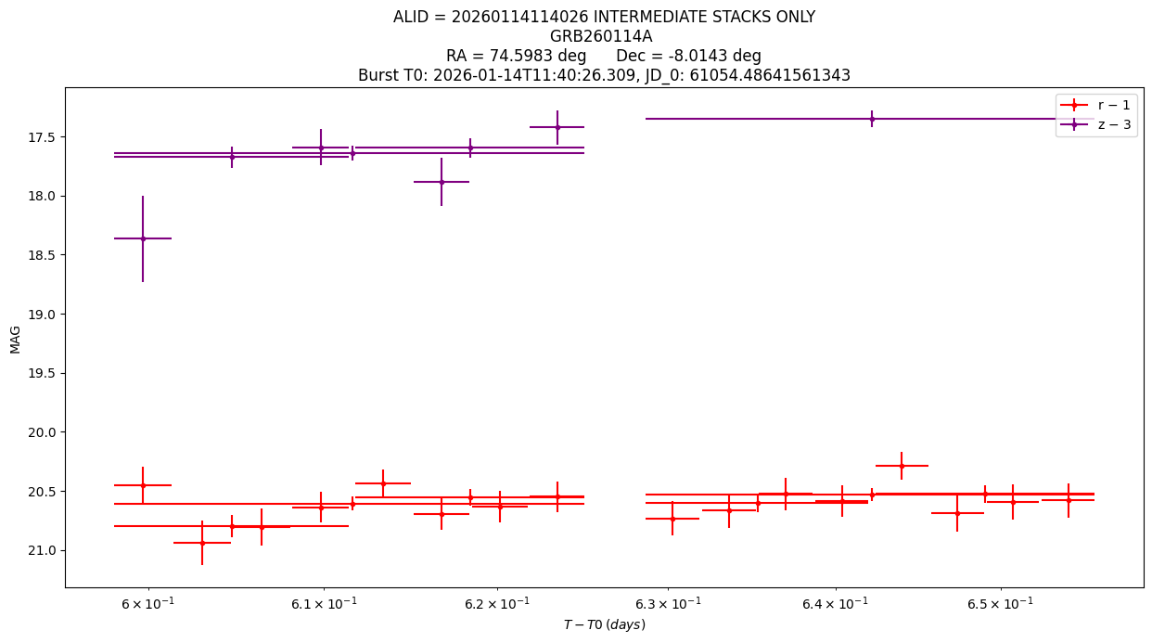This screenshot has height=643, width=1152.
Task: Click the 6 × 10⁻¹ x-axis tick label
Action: [148, 603]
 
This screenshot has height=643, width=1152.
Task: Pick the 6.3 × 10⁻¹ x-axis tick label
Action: [668, 603]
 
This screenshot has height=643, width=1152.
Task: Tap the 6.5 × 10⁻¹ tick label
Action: [1000, 603]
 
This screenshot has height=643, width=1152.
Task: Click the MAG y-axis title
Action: [15, 340]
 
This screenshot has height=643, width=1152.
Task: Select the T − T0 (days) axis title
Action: [604, 624]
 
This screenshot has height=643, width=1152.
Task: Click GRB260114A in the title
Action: [601, 36]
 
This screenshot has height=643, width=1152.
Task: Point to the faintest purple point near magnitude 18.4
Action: [143, 238]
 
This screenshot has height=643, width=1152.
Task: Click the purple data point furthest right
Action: [872, 119]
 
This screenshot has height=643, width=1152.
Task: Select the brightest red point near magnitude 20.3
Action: [902, 466]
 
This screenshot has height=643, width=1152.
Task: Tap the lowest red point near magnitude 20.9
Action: [202, 543]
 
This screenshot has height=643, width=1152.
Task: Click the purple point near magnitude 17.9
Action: [442, 182]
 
